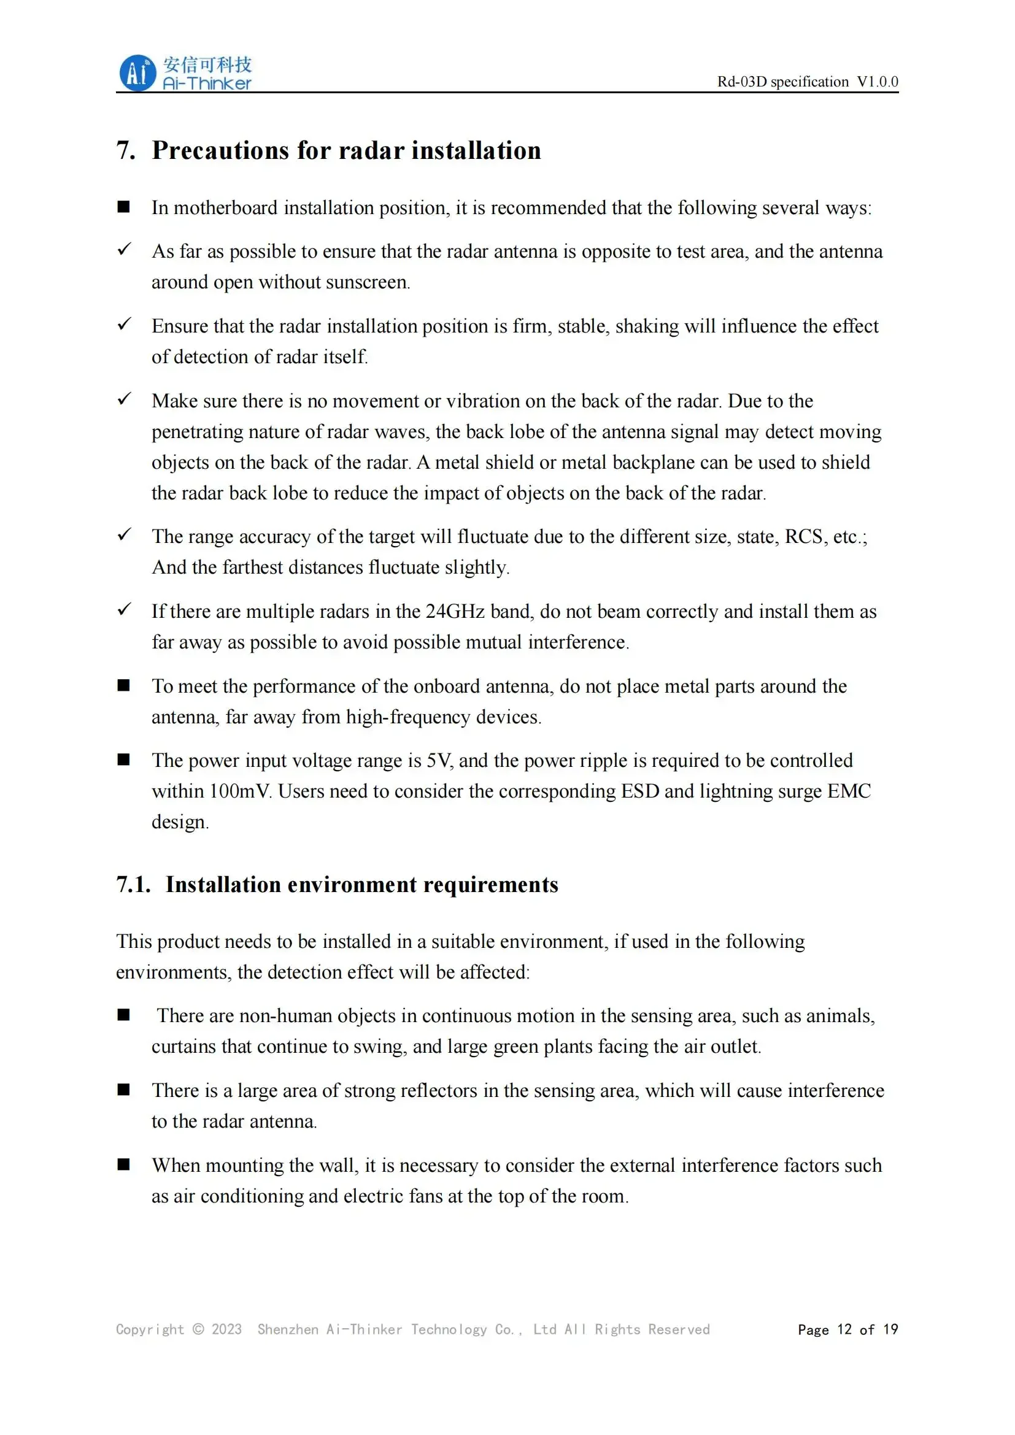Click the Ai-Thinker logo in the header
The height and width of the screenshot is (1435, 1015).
click(x=185, y=73)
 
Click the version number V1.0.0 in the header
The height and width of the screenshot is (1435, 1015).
click(x=877, y=82)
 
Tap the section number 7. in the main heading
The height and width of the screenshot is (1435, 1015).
click(x=126, y=151)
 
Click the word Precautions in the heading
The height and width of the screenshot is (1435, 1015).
click(x=220, y=151)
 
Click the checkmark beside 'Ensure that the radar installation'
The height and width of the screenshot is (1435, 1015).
click(x=125, y=324)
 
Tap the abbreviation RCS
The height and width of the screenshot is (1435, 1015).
click(x=803, y=537)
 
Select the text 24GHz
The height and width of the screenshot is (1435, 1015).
click(x=454, y=611)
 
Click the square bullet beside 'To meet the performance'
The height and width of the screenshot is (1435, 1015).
click(x=124, y=686)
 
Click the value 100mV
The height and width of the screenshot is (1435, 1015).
click(x=240, y=791)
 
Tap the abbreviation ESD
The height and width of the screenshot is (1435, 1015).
click(x=639, y=791)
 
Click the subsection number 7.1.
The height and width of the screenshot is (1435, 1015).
click(x=133, y=885)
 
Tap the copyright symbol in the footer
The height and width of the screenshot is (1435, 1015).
click(x=198, y=1329)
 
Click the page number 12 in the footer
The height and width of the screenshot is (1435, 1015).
click(x=844, y=1329)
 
